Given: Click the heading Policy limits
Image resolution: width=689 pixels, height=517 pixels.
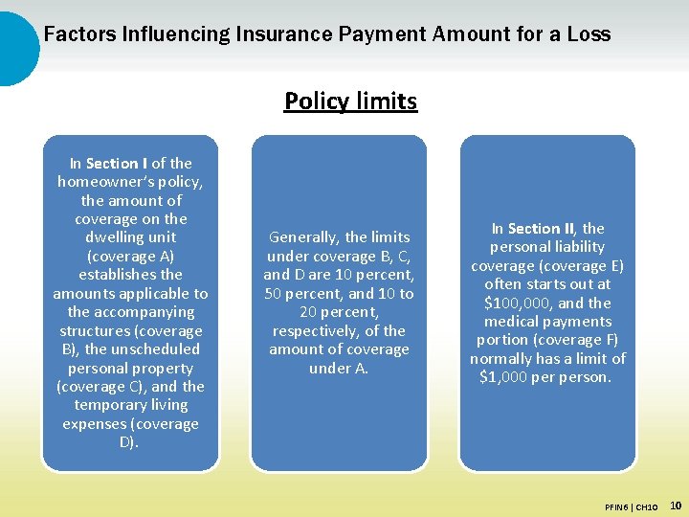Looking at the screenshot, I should click(x=350, y=101).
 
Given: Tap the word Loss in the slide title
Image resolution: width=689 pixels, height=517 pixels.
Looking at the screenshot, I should click(x=589, y=34).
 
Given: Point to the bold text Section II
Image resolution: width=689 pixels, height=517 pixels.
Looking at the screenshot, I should click(x=541, y=229).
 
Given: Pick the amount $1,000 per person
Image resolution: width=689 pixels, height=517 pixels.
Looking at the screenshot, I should click(x=545, y=377).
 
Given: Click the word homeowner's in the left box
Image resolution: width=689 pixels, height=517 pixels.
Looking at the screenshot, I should click(x=130, y=182).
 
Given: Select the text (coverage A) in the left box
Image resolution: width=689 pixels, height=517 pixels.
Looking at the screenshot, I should click(x=130, y=257).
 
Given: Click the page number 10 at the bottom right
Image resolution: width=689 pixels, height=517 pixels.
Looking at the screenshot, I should click(x=676, y=505).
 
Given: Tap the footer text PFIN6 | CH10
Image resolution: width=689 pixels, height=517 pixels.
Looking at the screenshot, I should click(x=632, y=506).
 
